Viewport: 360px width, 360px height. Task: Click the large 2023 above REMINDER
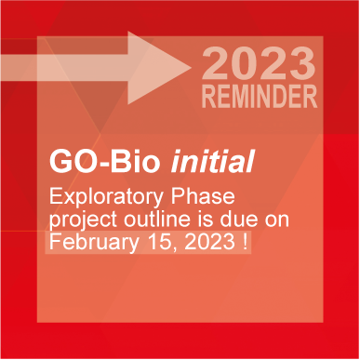coord(259,65)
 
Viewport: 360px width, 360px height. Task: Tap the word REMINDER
coord(259,95)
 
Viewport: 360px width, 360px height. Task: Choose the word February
coord(90,242)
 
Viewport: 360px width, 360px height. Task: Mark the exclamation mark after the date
coord(244,242)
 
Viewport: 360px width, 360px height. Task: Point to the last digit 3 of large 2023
coord(300,65)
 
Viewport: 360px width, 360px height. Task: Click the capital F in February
coord(56,242)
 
